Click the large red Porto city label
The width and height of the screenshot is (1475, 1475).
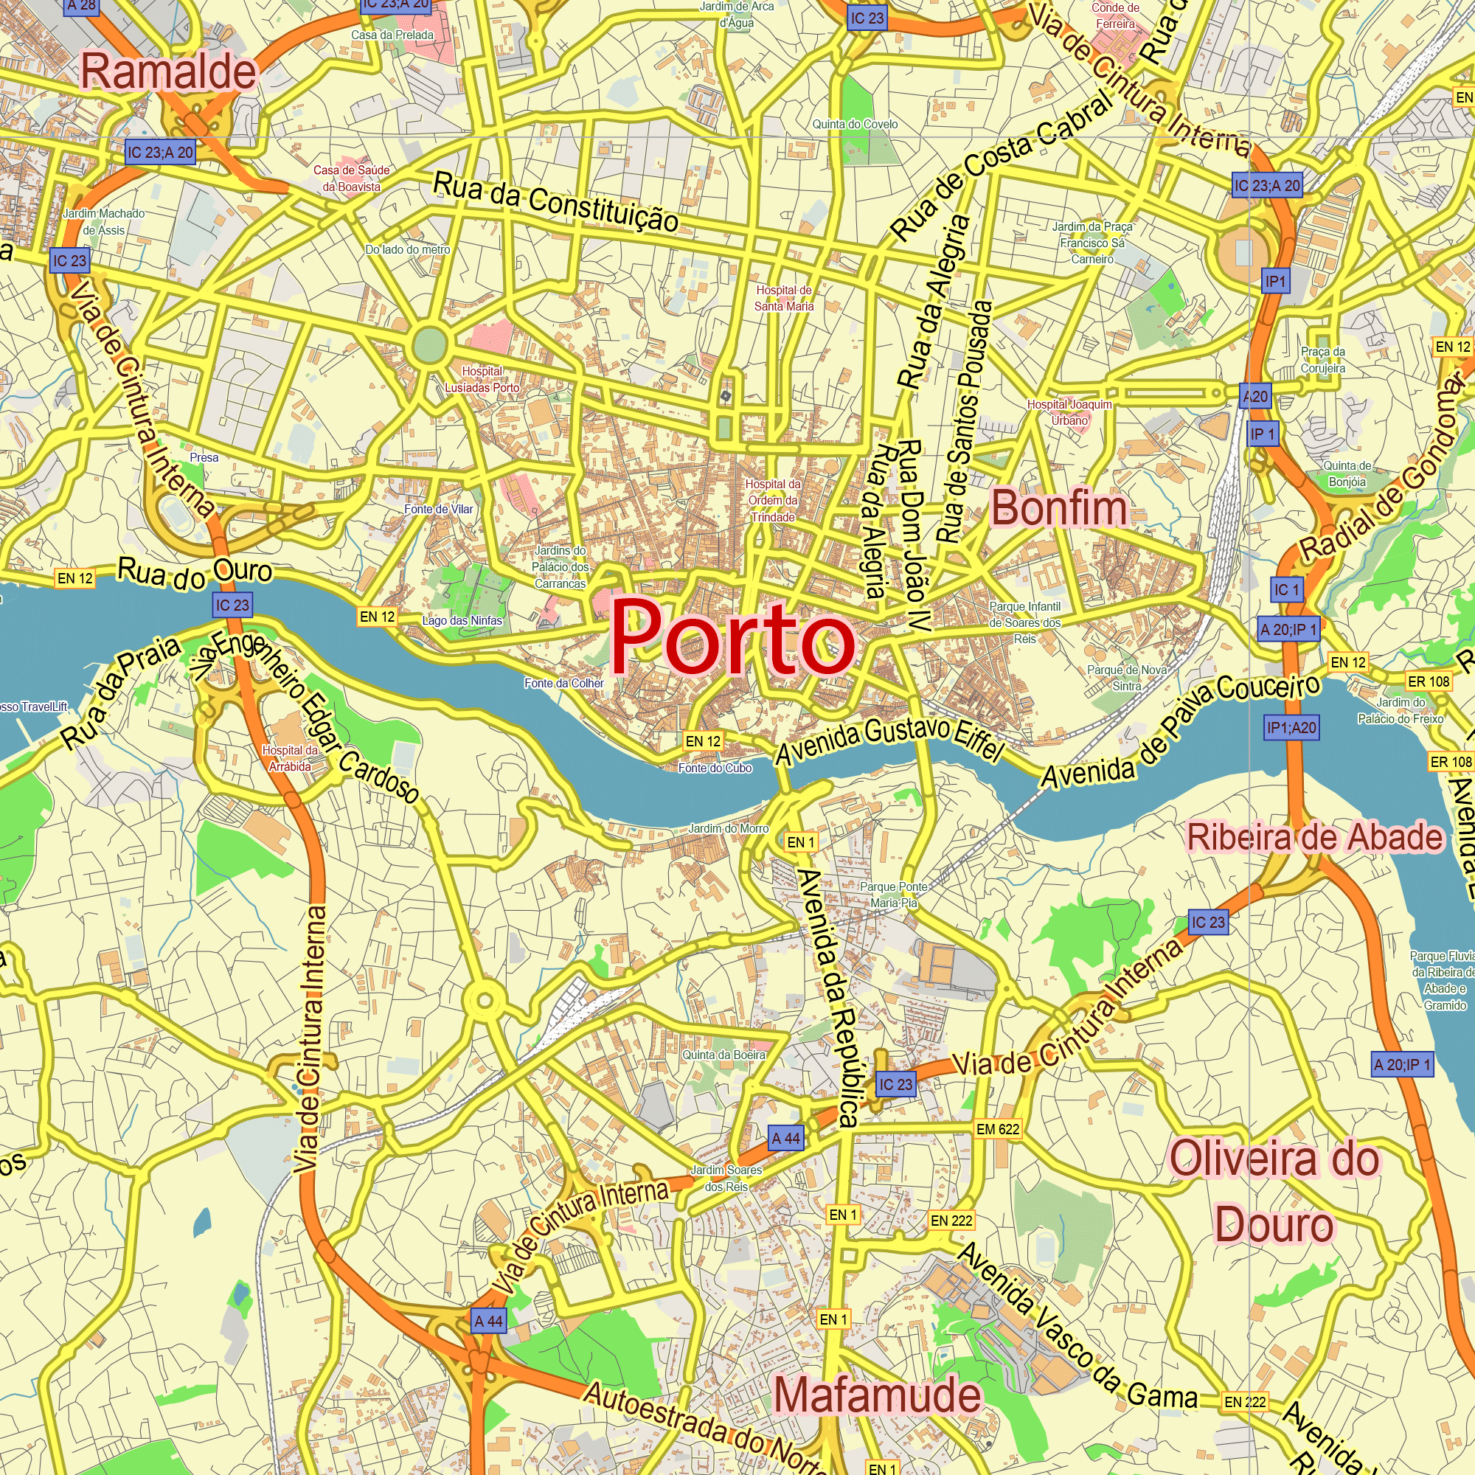(x=732, y=636)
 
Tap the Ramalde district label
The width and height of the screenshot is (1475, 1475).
(x=169, y=72)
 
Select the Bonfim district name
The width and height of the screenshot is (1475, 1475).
(x=1059, y=507)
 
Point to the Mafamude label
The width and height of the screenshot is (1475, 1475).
(x=877, y=1395)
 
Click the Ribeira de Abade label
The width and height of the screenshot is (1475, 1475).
(x=1315, y=839)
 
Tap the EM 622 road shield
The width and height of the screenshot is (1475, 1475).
(x=997, y=1129)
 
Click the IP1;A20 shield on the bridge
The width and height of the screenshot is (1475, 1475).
(x=1291, y=728)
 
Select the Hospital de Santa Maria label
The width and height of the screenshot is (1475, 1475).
(x=783, y=299)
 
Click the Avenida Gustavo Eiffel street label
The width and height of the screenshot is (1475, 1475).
(x=889, y=739)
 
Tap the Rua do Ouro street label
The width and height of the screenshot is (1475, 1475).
(x=195, y=572)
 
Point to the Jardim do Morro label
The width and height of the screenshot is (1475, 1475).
(x=729, y=828)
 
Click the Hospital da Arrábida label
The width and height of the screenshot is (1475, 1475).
(x=289, y=758)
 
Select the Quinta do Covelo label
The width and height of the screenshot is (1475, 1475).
(x=854, y=125)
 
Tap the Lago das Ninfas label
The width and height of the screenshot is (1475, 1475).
(x=462, y=621)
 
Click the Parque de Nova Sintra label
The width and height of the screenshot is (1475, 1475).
(x=1126, y=678)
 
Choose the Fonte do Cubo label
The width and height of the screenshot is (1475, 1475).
(x=715, y=768)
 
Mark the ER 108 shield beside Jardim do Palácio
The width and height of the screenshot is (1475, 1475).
(x=1428, y=681)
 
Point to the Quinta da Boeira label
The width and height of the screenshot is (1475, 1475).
(x=723, y=1055)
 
